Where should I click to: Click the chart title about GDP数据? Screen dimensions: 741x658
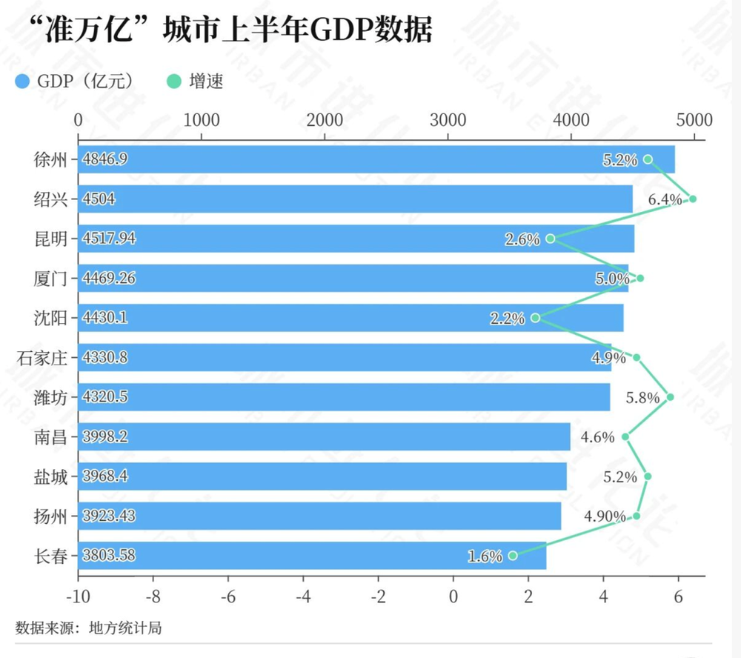pos(230,30)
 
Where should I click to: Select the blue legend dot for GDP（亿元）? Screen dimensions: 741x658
pos(22,82)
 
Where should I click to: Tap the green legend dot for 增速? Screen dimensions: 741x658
pos(174,82)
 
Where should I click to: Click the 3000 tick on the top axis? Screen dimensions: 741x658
pos(448,120)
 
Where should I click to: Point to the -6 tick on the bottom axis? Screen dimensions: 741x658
pos(227,596)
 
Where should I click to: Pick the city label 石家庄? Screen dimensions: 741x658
pos(42,358)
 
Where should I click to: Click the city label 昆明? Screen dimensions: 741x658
pos(50,239)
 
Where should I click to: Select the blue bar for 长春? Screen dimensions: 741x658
pos(312,556)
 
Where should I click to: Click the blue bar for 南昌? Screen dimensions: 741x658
pos(325,436)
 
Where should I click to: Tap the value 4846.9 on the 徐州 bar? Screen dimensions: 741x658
pos(105,159)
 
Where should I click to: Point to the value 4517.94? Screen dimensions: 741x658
pos(109,239)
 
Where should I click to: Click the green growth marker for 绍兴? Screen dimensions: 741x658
pos(693,199)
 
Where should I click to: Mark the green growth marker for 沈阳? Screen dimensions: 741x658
pos(536,318)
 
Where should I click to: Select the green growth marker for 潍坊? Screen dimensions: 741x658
pos(670,397)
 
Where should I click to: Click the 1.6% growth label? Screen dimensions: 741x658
pos(485,556)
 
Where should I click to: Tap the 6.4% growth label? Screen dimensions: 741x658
pos(665,199)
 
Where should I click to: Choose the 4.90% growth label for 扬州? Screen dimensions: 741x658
pos(605,516)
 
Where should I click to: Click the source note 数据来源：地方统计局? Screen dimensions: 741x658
pos(88,628)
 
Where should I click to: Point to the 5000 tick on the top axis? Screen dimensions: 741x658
pos(694,120)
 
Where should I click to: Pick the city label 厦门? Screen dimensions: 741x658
pos(50,279)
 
